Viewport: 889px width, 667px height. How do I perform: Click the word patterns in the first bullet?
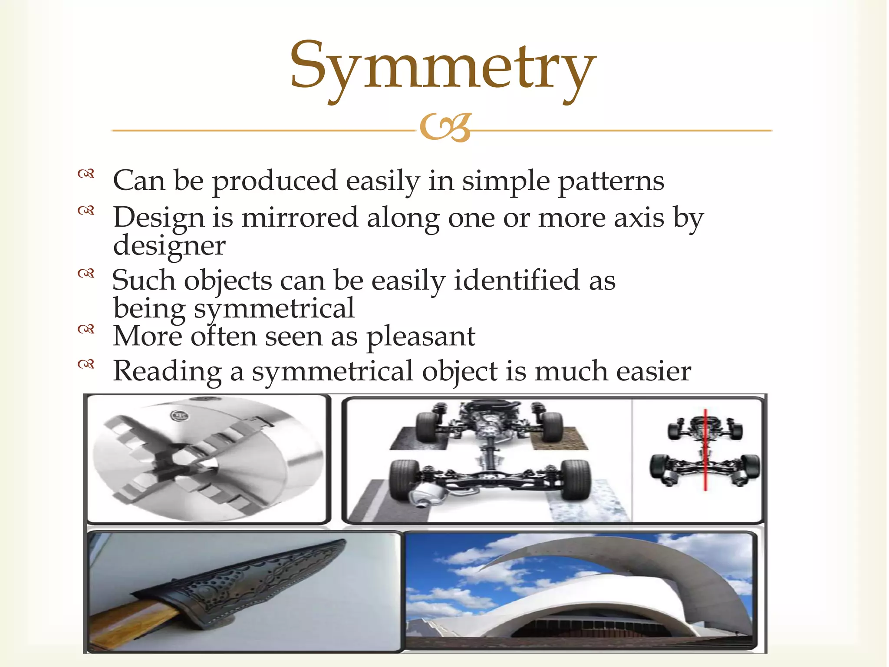[x=611, y=181]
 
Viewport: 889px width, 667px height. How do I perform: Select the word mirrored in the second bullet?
[x=300, y=217]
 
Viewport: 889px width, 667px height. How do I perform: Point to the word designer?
[x=169, y=246]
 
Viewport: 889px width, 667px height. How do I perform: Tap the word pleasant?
[x=421, y=337]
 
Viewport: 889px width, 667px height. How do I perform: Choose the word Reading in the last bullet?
[x=167, y=372]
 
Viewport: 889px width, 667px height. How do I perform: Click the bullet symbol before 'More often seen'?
[x=86, y=329]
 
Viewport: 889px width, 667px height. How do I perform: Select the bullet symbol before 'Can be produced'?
[x=86, y=174]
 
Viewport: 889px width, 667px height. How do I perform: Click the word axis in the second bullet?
[x=639, y=217]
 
